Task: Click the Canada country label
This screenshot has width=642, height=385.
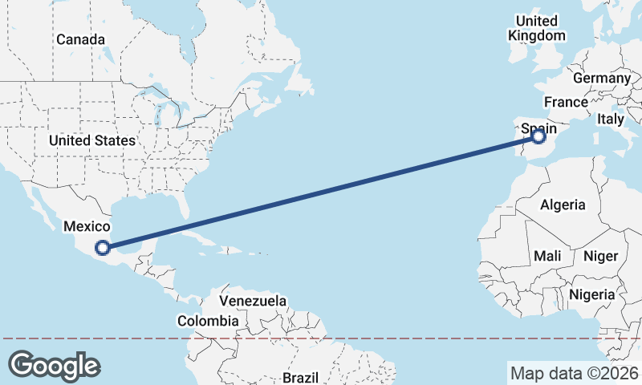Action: click(x=80, y=39)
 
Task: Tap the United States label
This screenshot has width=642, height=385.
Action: click(x=91, y=140)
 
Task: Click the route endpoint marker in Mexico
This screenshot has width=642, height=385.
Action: click(x=103, y=247)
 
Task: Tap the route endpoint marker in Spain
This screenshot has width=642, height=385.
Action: click(x=538, y=138)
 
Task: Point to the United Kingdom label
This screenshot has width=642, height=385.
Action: click(x=537, y=28)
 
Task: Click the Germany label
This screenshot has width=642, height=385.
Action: click(x=602, y=78)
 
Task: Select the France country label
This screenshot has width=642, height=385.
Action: click(x=566, y=102)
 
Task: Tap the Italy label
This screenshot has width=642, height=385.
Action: click(x=610, y=119)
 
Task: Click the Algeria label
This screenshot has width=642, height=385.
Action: click(x=563, y=205)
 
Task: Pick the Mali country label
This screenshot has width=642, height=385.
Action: click(x=547, y=256)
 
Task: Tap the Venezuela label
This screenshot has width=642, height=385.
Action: click(x=253, y=301)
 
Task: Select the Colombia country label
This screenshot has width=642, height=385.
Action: click(x=208, y=321)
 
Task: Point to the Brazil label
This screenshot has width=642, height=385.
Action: click(x=300, y=377)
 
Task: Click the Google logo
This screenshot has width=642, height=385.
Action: click(x=55, y=366)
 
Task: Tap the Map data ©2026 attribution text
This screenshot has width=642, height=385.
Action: click(x=574, y=373)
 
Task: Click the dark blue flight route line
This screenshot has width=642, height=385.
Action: click(x=321, y=192)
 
